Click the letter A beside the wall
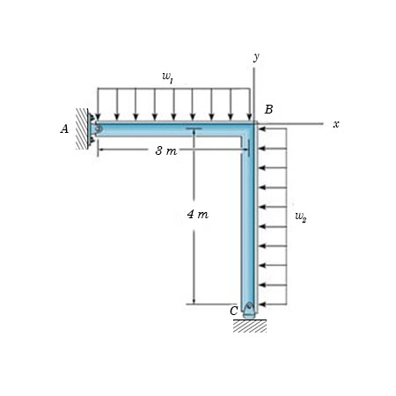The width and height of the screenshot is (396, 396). [x=64, y=129]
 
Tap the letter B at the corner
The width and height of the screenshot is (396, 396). [x=268, y=109]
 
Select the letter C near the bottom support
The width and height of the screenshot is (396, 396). [x=234, y=311]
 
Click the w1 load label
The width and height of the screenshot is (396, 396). [x=167, y=77]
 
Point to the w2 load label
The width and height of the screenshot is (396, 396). [x=301, y=216]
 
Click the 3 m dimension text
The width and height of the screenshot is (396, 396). [x=166, y=150]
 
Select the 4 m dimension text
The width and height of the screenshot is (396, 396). [x=198, y=215]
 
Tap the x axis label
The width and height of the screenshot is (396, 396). [x=336, y=124]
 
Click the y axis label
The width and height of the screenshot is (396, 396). [x=257, y=56]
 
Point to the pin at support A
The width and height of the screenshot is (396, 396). [x=98, y=128]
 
